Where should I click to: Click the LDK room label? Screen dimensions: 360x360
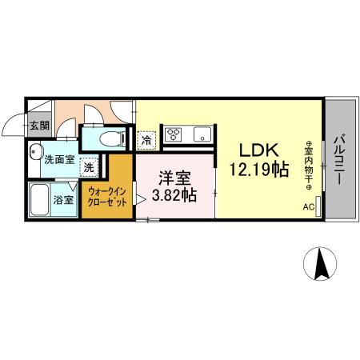[x=255, y=150]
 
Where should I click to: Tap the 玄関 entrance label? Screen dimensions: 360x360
[x=38, y=126]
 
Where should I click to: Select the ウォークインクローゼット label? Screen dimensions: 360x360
[x=107, y=197]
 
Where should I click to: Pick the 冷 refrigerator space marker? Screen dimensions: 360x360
[x=146, y=140]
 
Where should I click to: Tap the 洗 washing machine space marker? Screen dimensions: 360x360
[x=90, y=167]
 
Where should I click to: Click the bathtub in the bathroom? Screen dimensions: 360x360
[x=39, y=199]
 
